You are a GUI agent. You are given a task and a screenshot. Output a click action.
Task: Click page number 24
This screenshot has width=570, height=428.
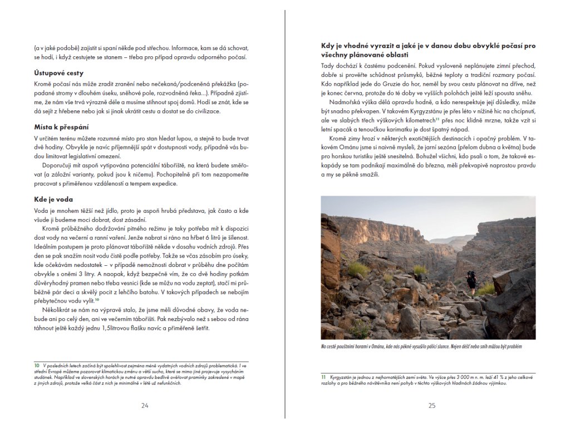[x=145, y=406]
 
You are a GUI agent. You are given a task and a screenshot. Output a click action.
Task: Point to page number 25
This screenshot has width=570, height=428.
[x=432, y=406]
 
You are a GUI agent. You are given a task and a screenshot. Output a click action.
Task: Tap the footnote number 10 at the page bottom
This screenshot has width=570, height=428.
[x=36, y=366]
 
